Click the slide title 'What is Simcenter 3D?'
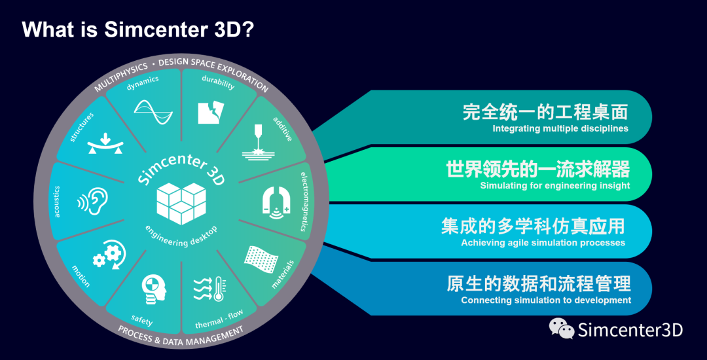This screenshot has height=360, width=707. (x=139, y=29)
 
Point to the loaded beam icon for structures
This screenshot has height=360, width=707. (x=105, y=144)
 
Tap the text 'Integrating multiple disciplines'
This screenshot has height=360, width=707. (x=560, y=128)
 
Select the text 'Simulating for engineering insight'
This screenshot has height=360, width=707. (x=555, y=185)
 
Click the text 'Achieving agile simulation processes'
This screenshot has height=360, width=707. (x=543, y=242)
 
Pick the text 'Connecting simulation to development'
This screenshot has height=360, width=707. (x=546, y=300)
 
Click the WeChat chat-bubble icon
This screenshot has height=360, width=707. (x=561, y=328)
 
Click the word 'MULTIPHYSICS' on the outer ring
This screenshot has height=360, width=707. (x=121, y=77)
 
